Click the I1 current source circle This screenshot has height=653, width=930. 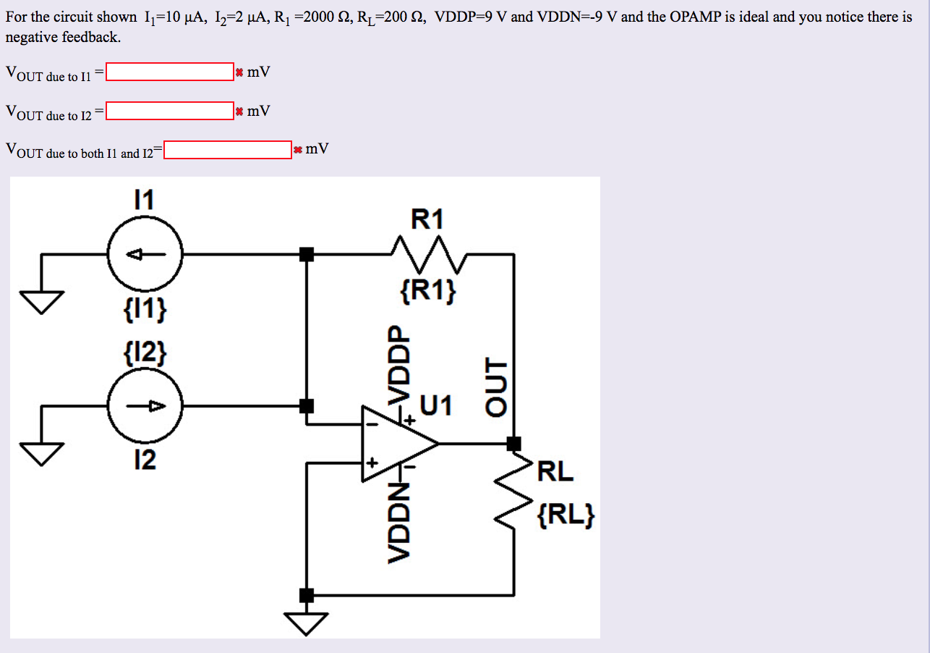coord(145,254)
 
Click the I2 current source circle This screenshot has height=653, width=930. coord(145,406)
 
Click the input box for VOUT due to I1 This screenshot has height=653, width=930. coord(169,72)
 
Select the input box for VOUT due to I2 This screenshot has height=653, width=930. coord(169,111)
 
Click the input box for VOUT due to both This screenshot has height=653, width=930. coord(227,150)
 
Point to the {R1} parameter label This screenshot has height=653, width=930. coord(427,292)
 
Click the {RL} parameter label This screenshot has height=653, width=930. coord(566,515)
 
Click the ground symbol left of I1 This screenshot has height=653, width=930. coord(41,300)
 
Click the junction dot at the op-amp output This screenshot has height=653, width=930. coord(514,443)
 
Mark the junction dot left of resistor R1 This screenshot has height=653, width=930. coord(307,254)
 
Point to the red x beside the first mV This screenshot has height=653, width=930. coord(239,72)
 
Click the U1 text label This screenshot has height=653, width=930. coord(437,406)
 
